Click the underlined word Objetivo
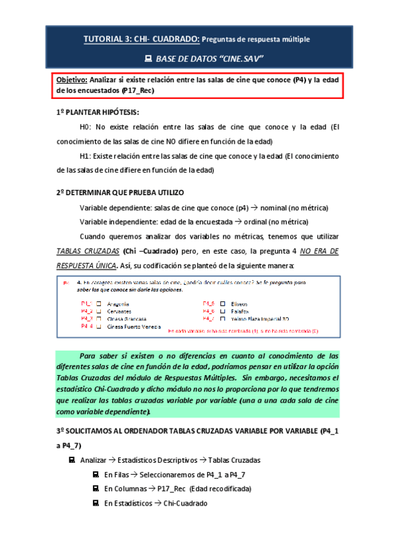tap(72, 80)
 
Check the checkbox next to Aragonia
tap(99, 303)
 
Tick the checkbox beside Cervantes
tap(99, 310)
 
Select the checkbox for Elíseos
tap(222, 303)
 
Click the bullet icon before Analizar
tap(72, 459)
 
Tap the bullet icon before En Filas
tap(96, 474)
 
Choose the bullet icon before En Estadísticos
tap(96, 503)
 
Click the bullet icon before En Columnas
tap(96, 488)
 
